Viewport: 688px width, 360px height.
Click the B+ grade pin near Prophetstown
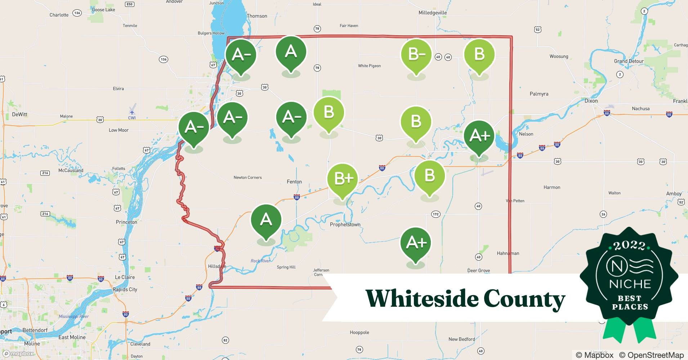tap(342, 179)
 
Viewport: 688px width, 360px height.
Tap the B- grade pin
tap(416, 54)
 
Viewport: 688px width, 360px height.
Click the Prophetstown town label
tap(345, 225)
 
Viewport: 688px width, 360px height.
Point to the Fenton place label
tap(294, 182)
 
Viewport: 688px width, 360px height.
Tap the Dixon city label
tap(591, 101)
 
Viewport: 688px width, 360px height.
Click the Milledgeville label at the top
tap(433, 13)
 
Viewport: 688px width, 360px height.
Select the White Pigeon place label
tap(369, 66)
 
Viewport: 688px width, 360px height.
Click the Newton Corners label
tap(247, 177)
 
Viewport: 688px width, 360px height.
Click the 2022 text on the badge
tap(630, 246)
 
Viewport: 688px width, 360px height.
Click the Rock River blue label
tap(260, 261)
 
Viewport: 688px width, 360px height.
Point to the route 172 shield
tap(435, 214)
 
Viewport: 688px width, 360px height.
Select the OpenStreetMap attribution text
tap(651, 355)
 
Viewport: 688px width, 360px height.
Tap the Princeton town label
tap(126, 222)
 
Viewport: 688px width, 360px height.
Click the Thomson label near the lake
tap(257, 16)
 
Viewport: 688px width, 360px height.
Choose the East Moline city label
tap(72, 337)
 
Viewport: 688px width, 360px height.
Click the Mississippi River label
tap(74, 316)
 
